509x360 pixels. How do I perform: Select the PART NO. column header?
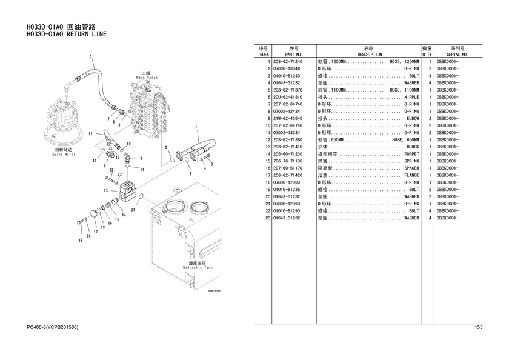tap(294, 54)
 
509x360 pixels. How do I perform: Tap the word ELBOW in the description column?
tap(412, 118)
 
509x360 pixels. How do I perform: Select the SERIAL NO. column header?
tap(457, 54)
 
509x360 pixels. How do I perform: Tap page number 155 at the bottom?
tap(478, 328)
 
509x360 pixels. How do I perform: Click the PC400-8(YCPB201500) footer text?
tap(53, 328)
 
